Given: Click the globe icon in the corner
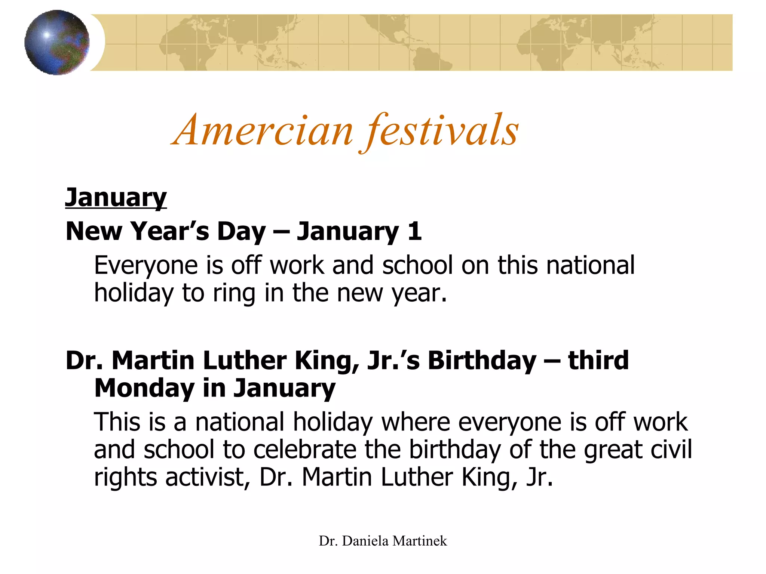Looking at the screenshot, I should pyautogui.click(x=57, y=43).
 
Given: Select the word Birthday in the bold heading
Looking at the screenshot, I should pyautogui.click(x=482, y=361).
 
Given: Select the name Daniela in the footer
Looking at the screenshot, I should pyautogui.click(x=365, y=541).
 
